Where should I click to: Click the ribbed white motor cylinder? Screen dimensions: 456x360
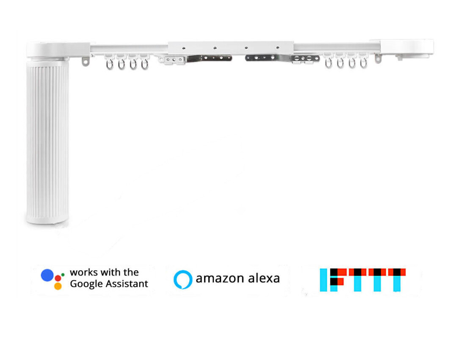(x=47, y=142)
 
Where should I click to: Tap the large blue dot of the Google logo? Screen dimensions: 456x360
(x=47, y=275)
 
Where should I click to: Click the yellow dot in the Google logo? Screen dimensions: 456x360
(x=58, y=286)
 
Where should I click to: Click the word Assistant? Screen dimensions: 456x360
(x=127, y=284)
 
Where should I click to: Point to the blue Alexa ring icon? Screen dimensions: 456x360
(x=183, y=280)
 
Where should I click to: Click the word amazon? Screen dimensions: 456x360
(x=219, y=279)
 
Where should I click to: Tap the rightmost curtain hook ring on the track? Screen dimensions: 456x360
(x=363, y=64)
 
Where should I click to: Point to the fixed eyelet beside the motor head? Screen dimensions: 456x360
(x=86, y=62)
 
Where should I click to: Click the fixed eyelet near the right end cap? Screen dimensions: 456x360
(x=378, y=58)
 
